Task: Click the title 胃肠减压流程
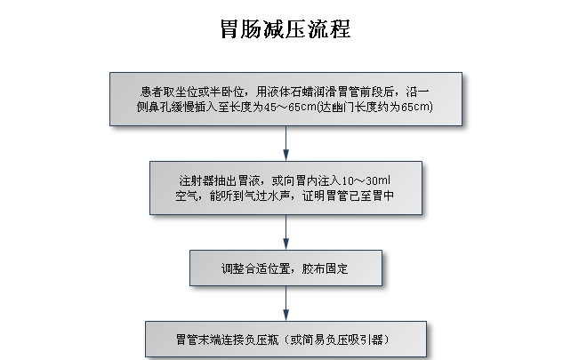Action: coord(285,30)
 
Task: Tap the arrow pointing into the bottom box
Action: coord(285,305)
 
